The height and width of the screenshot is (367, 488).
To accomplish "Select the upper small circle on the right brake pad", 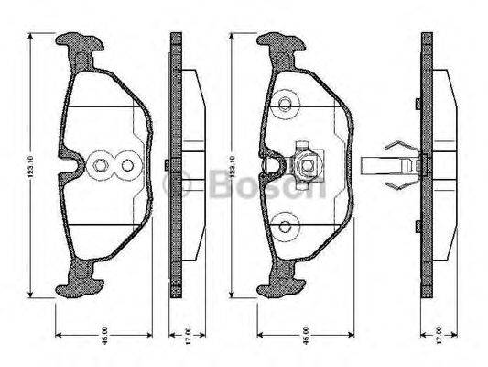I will click(x=287, y=103).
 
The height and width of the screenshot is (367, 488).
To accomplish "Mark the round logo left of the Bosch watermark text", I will click(x=175, y=185).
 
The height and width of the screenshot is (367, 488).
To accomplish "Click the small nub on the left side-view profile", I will click(x=164, y=165).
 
